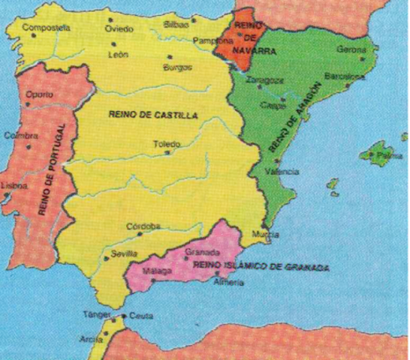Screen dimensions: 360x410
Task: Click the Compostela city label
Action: [x=47, y=28]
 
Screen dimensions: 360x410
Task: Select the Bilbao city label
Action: [x=177, y=25]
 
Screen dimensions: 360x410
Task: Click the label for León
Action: [x=119, y=55]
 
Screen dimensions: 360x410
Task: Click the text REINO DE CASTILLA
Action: [x=153, y=115]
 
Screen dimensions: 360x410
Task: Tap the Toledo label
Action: [x=167, y=142]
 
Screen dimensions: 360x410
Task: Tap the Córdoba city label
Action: [x=143, y=226]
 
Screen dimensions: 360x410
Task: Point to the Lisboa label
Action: [x=16, y=185]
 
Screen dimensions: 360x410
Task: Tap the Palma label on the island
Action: [x=389, y=156]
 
